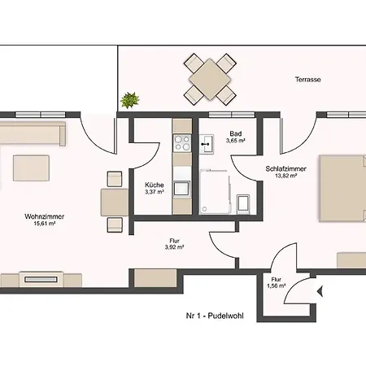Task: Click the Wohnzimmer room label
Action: pyautogui.click(x=44, y=216)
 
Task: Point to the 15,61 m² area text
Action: pyautogui.click(x=44, y=225)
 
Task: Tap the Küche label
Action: pyautogui.click(x=155, y=184)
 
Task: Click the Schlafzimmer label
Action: pyautogui.click(x=285, y=168)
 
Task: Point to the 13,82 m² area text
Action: pyautogui.click(x=285, y=176)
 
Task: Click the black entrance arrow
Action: pyautogui.click(x=321, y=290)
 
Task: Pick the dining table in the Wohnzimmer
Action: pyautogui.click(x=113, y=199)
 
